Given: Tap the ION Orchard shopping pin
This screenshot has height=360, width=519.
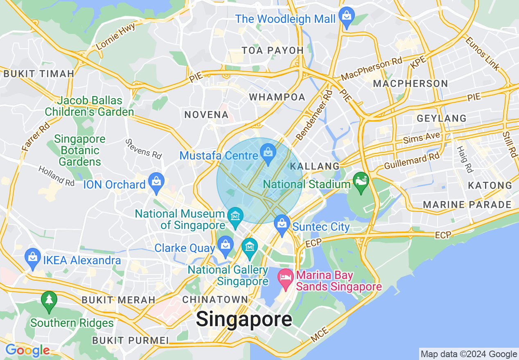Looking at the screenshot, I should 156,182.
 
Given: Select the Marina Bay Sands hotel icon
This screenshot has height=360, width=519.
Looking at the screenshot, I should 285,277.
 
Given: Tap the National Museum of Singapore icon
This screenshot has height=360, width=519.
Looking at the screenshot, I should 235,216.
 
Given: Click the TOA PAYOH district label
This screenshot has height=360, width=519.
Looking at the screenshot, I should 273,50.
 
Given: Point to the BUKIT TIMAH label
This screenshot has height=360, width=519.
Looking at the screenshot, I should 39,74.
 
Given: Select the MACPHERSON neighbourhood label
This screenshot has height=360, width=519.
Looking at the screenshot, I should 411,84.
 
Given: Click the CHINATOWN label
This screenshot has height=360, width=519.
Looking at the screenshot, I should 215,299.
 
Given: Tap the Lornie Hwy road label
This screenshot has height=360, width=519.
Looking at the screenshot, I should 115,36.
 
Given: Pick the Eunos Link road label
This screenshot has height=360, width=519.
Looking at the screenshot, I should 483,54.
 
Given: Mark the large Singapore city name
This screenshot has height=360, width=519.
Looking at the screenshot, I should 244,319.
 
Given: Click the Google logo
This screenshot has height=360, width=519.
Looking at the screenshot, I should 27,351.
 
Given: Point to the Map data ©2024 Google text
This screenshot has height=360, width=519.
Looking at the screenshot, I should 469,354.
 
